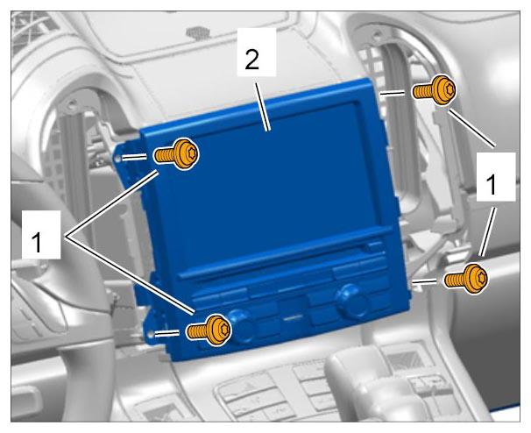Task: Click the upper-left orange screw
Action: [x=176, y=154]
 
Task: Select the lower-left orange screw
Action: [x=209, y=330]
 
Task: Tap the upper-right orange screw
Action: [x=435, y=90]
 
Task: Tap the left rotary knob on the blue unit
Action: [x=243, y=324]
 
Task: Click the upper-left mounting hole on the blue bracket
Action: [x=117, y=158]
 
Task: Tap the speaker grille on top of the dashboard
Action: [x=198, y=32]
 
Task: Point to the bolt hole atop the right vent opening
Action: [x=377, y=34]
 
